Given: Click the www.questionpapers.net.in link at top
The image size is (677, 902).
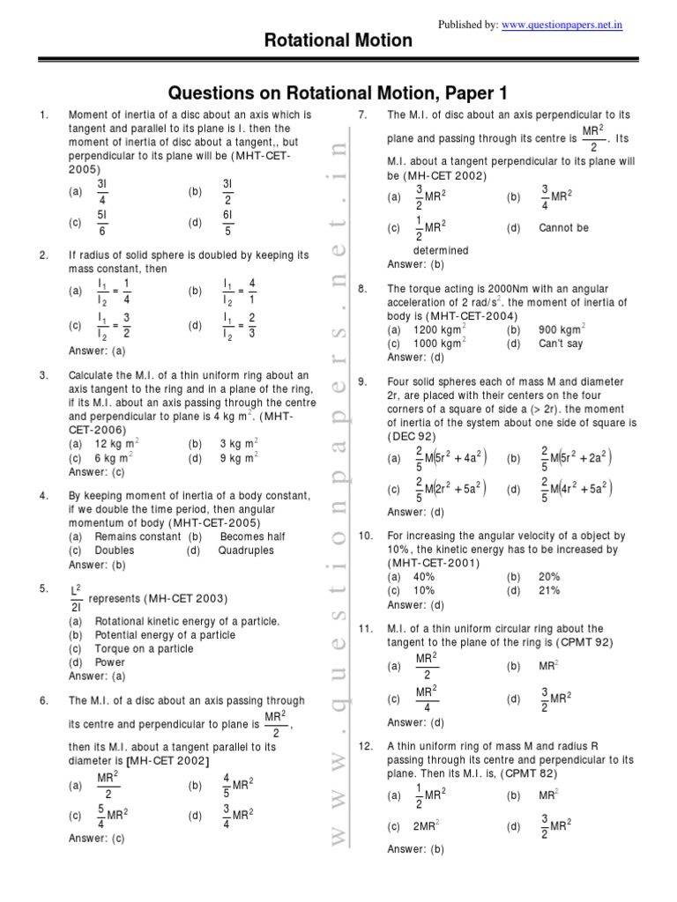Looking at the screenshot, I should point(562,26).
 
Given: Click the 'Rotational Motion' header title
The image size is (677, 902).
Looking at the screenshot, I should point(338,41).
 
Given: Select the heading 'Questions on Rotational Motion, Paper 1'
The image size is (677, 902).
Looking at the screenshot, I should point(338,93).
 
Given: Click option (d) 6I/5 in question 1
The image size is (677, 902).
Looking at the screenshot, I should point(227,224).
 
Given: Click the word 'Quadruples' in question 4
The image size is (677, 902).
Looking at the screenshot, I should point(246,551).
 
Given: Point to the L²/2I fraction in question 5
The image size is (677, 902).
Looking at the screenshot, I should point(75,597).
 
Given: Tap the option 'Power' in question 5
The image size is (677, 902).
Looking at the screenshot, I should point(110,662).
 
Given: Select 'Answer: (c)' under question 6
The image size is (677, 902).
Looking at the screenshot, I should point(97,839).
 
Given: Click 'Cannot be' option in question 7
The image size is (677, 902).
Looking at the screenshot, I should point(563,227).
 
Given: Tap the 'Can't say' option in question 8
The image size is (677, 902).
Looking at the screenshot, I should point(561,344).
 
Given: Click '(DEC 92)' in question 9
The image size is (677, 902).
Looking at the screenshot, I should point(413,437).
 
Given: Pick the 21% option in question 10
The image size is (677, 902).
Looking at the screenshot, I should point(549,590).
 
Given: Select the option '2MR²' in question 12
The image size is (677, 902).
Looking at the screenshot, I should point(428,826).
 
